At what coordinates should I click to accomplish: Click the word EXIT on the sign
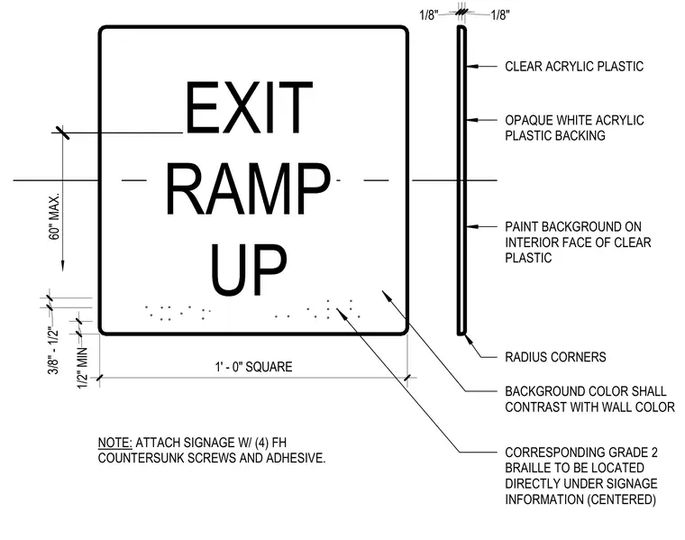pos(250,107)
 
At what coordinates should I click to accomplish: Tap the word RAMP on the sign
pos(248,189)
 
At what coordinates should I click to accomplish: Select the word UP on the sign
pos(248,270)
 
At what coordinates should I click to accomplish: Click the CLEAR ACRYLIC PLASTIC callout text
pos(574,67)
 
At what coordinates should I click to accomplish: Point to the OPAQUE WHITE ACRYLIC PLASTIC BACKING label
pos(574,128)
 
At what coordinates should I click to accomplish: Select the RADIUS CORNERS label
pos(555,357)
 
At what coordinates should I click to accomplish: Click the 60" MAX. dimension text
pos(54,216)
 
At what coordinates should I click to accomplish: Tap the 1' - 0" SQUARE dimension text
pos(253,367)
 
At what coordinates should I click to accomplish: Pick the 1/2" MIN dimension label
pos(83,368)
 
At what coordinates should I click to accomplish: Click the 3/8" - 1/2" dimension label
pos(53,351)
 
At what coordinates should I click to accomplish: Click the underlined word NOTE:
pos(114,443)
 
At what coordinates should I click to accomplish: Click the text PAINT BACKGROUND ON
pos(573,227)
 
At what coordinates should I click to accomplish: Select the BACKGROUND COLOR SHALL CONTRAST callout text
pos(589,398)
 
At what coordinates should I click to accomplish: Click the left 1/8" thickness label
pos(428,15)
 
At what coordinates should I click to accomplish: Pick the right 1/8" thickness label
pos(500,15)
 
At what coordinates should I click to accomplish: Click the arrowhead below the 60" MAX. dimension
pos(62,266)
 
